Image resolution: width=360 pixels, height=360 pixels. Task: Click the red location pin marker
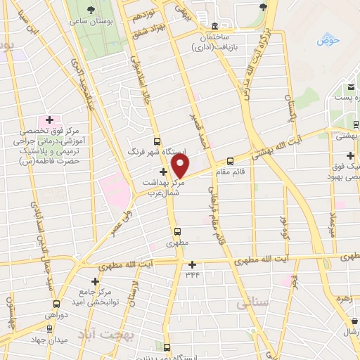(x=181, y=166)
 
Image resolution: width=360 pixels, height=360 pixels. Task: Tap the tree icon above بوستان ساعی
(x=90, y=9)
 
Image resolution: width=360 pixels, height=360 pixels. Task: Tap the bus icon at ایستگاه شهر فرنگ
(x=156, y=140)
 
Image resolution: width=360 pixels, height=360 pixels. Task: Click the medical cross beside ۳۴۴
(x=193, y=264)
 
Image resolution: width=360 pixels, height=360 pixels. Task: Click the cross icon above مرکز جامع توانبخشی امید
(x=95, y=281)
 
